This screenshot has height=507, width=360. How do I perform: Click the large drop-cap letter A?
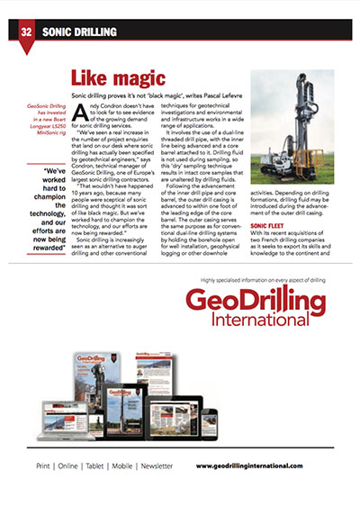[80, 113]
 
